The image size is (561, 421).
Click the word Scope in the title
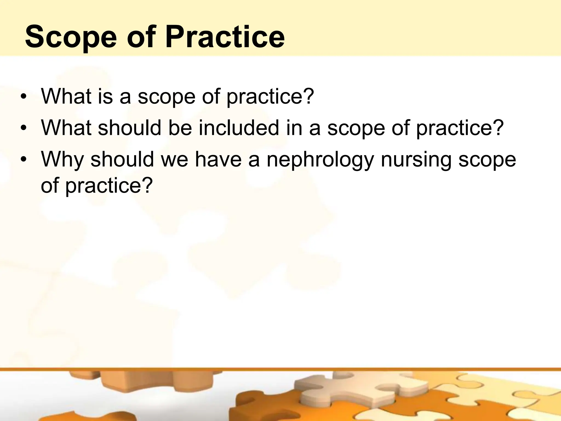(71, 37)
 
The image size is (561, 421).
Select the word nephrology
(320, 160)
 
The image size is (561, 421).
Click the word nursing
(416, 160)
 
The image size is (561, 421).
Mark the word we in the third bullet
(174, 160)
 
